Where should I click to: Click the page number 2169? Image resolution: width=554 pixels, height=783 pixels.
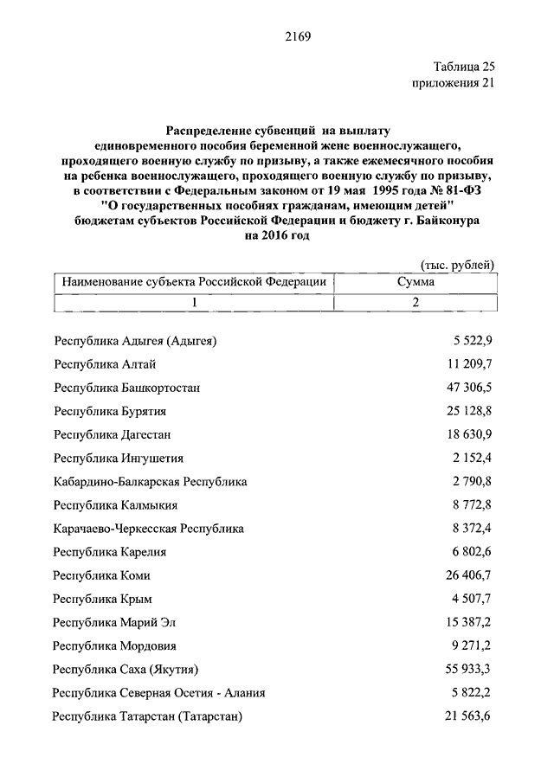(296, 36)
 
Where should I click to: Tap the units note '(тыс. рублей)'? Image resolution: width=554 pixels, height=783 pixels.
(457, 265)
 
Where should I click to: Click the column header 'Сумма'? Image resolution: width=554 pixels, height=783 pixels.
(415, 282)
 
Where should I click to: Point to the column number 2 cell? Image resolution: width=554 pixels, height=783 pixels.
(415, 302)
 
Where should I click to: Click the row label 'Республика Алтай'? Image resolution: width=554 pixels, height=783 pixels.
(105, 364)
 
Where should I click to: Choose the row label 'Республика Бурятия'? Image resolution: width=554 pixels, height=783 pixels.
(110, 411)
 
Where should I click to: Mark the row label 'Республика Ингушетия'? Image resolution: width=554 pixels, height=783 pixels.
(119, 458)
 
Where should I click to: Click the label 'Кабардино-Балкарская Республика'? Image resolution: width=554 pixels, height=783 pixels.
(151, 481)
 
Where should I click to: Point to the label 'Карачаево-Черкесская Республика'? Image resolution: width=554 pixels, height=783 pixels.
(149, 528)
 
